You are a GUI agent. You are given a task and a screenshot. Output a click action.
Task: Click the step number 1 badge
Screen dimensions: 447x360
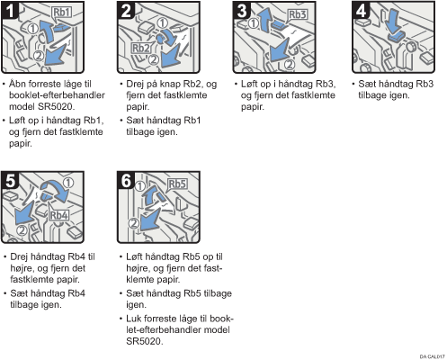point(10,11)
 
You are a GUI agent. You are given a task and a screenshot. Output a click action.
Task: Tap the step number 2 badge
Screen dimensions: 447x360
point(126,11)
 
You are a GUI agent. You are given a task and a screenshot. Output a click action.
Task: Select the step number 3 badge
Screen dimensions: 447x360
point(242,11)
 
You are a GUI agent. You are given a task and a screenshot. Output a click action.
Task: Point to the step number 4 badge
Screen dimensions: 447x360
point(362,11)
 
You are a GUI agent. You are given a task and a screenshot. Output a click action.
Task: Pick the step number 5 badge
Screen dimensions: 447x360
point(10,181)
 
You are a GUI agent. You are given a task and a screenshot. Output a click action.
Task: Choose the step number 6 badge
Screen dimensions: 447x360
point(126,181)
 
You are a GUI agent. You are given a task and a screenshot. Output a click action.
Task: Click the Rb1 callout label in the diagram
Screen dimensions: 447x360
point(62,13)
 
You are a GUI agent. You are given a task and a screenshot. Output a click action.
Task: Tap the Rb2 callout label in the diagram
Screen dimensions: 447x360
point(141,48)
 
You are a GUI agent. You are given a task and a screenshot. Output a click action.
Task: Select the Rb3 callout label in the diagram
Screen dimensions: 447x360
point(298,14)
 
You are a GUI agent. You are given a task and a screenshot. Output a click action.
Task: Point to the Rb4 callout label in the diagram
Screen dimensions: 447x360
point(58,215)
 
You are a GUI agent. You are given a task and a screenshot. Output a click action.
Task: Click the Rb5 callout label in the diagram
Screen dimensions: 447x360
point(177,184)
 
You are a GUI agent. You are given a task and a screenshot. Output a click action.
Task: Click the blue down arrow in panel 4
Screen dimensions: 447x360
point(393,22)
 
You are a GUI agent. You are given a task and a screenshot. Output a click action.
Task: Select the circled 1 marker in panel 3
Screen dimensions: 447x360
point(254,23)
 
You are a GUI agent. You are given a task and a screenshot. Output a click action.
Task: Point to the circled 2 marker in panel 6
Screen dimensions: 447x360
point(134,223)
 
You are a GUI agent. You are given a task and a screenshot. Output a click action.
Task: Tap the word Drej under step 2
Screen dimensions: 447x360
point(135,85)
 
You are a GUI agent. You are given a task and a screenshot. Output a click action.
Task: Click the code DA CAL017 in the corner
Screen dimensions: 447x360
point(432,356)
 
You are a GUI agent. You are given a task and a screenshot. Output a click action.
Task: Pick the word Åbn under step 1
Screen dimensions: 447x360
point(17,84)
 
